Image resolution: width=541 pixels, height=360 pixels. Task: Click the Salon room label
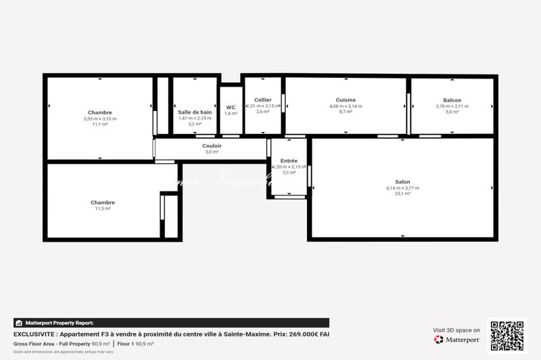402,181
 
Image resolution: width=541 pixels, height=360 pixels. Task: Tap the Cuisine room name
346,100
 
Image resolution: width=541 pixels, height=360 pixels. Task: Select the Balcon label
452,100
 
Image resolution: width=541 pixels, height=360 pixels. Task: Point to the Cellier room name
263,100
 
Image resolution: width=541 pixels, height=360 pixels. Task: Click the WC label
231,107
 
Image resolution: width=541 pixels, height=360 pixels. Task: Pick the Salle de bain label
195,112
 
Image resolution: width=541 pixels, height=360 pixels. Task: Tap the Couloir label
212,145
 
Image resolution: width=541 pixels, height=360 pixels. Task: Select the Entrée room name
289,160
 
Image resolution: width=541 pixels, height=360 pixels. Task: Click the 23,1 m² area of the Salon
402,194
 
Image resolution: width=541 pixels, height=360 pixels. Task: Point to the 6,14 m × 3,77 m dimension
402,188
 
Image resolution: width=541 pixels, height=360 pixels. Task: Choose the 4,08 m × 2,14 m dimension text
346,106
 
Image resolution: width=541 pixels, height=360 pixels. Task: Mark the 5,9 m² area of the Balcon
452,112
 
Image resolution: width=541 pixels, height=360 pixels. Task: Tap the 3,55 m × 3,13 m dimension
100,118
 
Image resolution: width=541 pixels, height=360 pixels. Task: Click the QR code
507,334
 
